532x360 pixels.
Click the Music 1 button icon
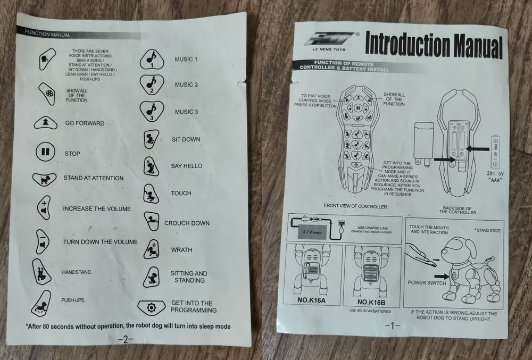click(152, 60)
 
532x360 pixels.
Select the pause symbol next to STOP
click(45, 152)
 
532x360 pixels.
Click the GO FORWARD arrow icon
click(46, 123)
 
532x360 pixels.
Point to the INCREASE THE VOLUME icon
click(44, 207)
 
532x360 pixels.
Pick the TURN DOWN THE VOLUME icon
click(43, 242)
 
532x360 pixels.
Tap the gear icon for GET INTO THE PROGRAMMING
click(151, 307)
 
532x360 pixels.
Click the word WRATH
click(181, 250)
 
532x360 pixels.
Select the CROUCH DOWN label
click(187, 223)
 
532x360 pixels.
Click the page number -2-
click(126, 339)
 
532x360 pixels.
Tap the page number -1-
click(393, 326)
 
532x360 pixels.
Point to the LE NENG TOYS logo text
click(329, 49)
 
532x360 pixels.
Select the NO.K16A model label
click(311, 300)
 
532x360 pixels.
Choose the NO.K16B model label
click(371, 302)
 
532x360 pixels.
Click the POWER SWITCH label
click(427, 282)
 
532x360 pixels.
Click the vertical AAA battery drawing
click(495, 151)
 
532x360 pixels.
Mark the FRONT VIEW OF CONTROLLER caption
click(355, 206)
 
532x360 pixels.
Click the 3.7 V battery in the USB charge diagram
click(312, 232)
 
